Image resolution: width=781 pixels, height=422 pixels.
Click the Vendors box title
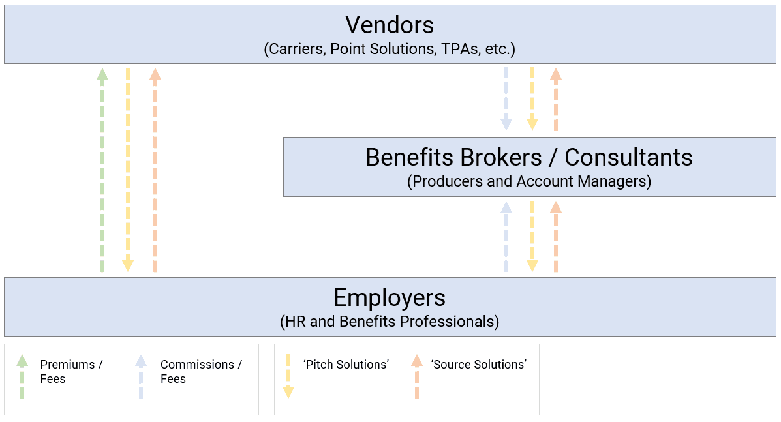(x=390, y=25)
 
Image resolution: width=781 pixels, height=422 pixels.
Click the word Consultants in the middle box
(x=628, y=157)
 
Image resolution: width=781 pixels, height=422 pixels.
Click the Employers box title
(x=390, y=297)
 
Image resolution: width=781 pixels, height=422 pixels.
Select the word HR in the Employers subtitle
(x=296, y=322)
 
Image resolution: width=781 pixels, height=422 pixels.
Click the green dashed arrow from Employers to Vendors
(x=102, y=170)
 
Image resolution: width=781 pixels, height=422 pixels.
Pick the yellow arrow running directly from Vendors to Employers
(x=128, y=170)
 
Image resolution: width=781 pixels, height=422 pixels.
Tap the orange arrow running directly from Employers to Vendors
(x=155, y=170)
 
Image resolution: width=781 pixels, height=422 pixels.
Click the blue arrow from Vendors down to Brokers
(x=506, y=98)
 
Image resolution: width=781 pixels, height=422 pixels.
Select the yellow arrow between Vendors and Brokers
(x=532, y=98)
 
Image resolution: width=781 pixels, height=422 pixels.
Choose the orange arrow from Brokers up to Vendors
(x=556, y=98)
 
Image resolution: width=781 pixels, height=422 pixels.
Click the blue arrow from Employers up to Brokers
(x=506, y=236)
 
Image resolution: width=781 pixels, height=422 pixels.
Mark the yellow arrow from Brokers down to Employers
(x=532, y=236)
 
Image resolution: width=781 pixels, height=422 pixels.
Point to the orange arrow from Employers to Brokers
(x=556, y=236)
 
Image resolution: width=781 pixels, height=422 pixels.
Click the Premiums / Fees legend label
(x=71, y=372)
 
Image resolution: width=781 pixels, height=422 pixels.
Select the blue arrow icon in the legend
(x=141, y=376)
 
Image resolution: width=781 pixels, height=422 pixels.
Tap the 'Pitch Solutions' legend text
(x=346, y=365)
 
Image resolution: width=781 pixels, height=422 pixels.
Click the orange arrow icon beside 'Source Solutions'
(x=417, y=376)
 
